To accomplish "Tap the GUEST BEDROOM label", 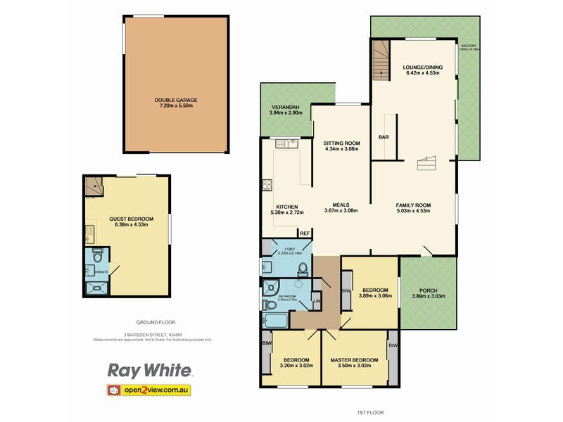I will click(x=127, y=219).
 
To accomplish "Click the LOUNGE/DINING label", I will click(x=421, y=68).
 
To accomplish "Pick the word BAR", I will click(x=384, y=137).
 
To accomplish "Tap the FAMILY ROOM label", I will click(x=413, y=205).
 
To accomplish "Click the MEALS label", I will click(x=341, y=205).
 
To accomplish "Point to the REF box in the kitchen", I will click(x=305, y=234).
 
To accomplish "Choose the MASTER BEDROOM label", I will click(x=354, y=360).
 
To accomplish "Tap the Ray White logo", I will click(x=148, y=371).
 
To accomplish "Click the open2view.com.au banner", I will click(x=148, y=390).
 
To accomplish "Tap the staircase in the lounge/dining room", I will click(x=380, y=59).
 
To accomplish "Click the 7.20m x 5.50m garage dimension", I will click(x=176, y=105).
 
